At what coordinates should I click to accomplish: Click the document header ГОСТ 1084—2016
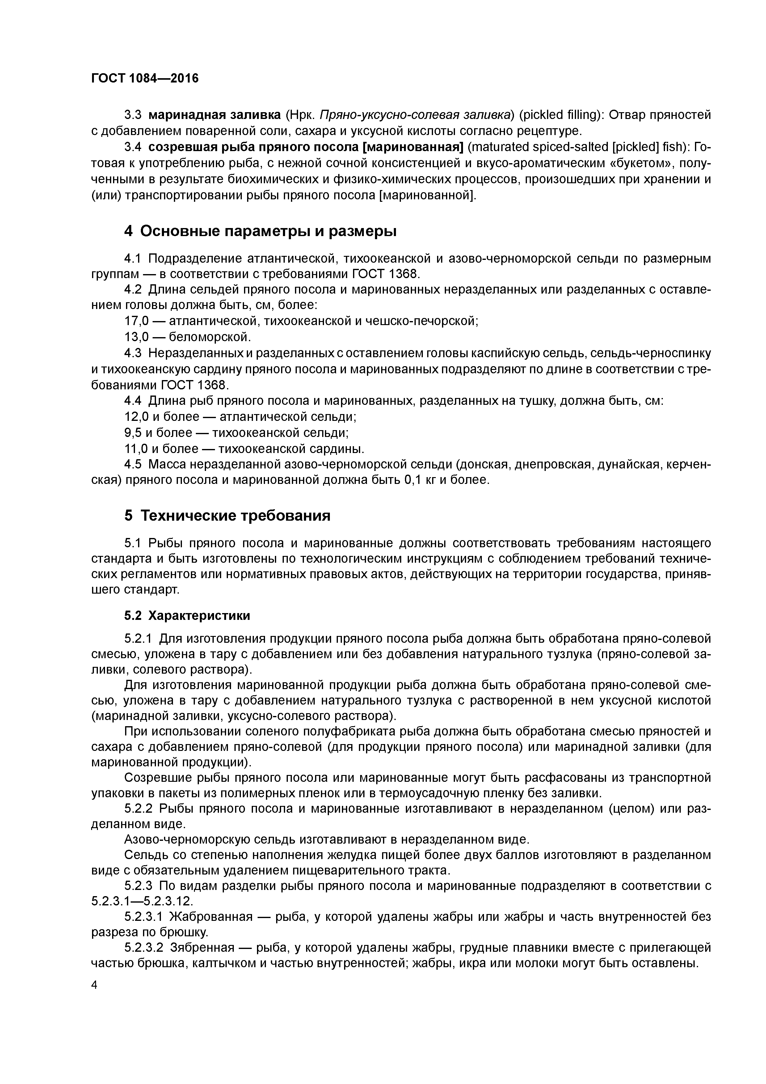[145, 78]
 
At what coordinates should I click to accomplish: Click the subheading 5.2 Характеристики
[187, 616]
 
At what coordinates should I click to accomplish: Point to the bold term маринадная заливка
[215, 115]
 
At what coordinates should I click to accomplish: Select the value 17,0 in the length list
[137, 321]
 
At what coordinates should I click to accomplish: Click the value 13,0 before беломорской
[137, 337]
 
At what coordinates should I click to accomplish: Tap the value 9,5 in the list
[133, 433]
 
